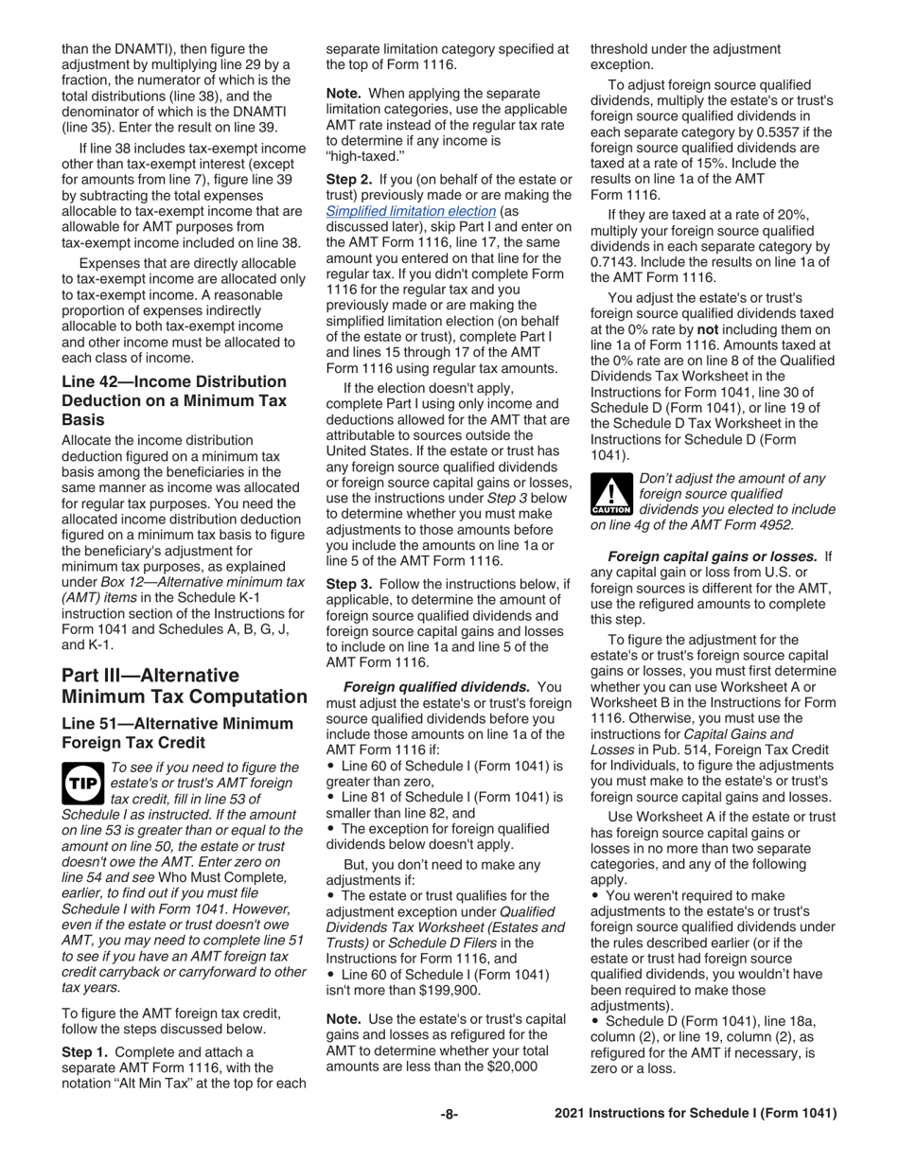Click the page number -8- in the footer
pyautogui.click(x=449, y=1114)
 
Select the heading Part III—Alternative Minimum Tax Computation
pyautogui.click(x=184, y=686)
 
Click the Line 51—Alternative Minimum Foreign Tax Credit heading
pyautogui.click(x=177, y=732)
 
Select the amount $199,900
pyautogui.click(x=449, y=991)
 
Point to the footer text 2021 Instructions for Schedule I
pyautogui.click(x=696, y=1114)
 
